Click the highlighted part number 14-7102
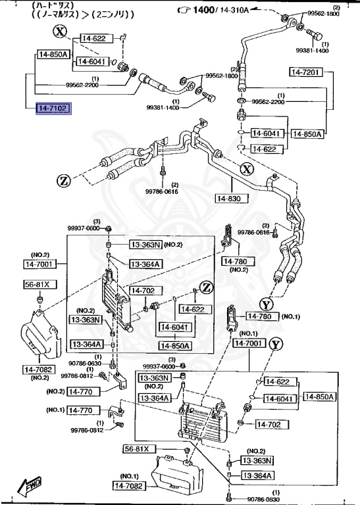pyautogui.click(x=53, y=108)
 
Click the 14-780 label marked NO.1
pyautogui.click(x=263, y=317)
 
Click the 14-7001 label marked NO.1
pyautogui.click(x=249, y=343)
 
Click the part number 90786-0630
pyautogui.click(x=84, y=363)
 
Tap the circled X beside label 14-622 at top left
pyautogui.click(x=60, y=32)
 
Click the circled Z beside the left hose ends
pyautogui.click(x=64, y=181)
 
